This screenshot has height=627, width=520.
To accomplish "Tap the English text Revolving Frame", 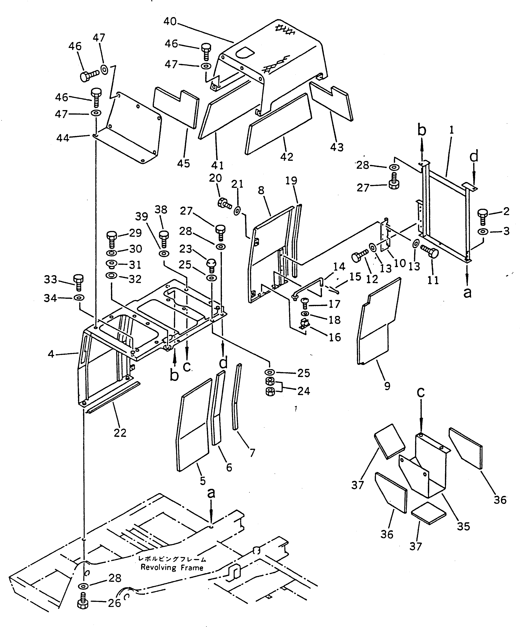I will click(172, 568).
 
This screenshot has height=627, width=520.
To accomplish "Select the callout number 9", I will click(387, 386).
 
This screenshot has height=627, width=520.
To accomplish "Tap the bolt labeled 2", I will click(482, 216).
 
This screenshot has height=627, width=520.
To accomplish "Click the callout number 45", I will click(183, 163).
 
